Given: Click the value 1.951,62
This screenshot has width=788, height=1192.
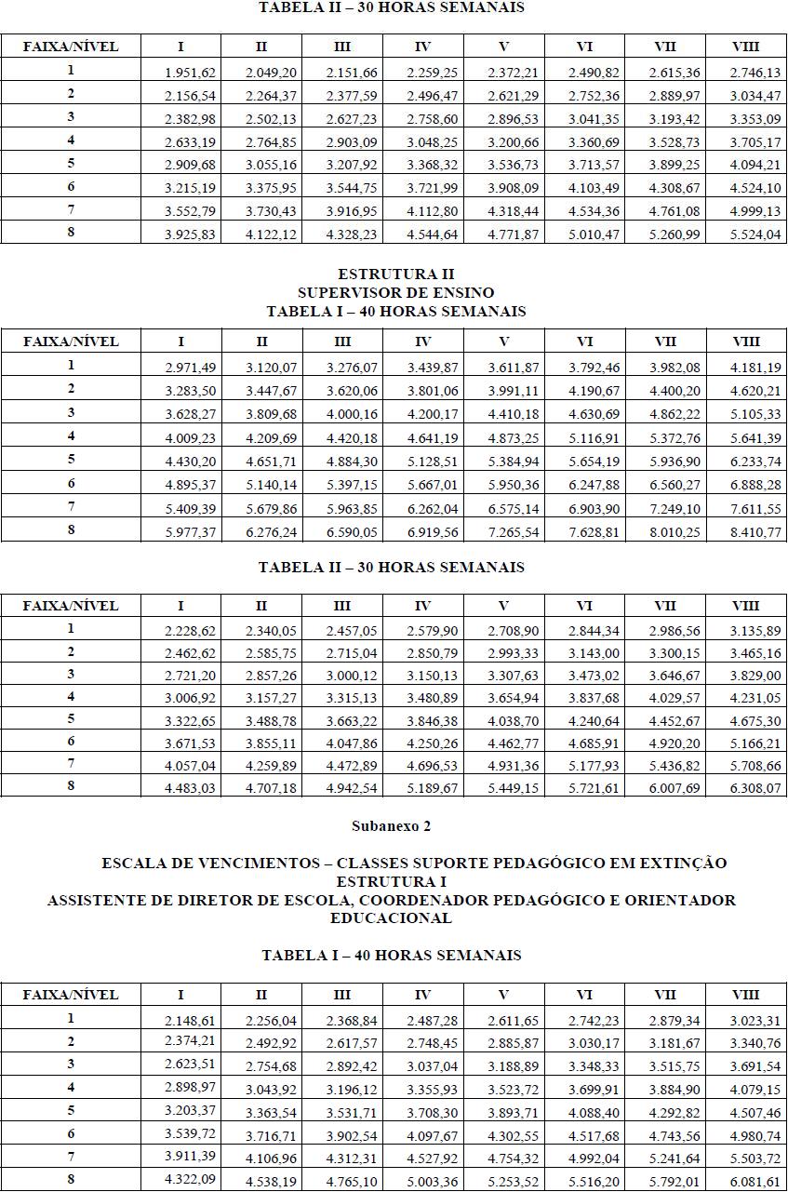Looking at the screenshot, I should (x=190, y=74).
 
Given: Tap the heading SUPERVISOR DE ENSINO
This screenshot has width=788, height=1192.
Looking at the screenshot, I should (x=395, y=293).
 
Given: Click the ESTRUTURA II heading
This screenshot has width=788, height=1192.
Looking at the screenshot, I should (x=395, y=275).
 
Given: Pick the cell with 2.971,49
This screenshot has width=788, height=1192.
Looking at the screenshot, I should (x=190, y=369).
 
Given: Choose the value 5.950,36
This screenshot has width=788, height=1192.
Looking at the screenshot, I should (x=513, y=485).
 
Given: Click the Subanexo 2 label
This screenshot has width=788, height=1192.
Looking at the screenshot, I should (x=392, y=826).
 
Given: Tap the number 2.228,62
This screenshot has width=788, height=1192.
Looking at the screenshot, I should (x=190, y=632).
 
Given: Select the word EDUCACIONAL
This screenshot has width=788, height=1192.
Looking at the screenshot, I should (x=391, y=918).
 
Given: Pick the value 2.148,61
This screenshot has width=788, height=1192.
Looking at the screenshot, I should (x=190, y=1021).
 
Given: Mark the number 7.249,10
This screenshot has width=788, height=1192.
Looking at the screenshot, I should (x=675, y=508).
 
